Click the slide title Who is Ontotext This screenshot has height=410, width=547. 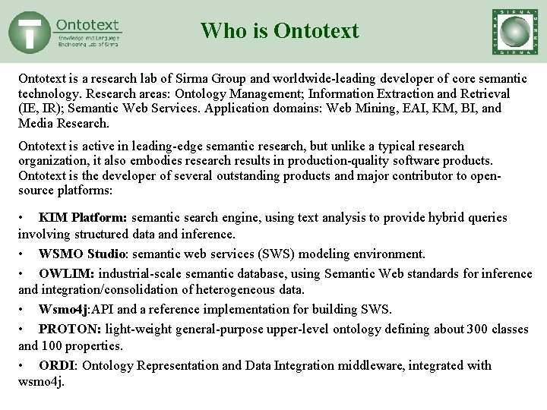click(x=280, y=31)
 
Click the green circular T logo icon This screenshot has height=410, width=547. click(x=30, y=32)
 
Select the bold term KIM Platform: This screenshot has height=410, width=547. click(x=82, y=218)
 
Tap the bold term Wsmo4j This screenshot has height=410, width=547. click(x=65, y=309)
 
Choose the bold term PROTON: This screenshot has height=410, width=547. click(x=71, y=329)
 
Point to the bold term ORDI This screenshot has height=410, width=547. click(x=56, y=365)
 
